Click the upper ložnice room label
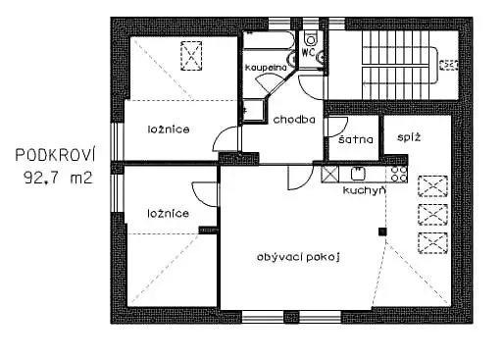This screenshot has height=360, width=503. [169, 129]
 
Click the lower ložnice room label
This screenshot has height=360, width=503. [168, 212]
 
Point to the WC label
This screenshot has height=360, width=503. [308, 50]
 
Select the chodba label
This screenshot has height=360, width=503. [294, 121]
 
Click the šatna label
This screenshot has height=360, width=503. [354, 140]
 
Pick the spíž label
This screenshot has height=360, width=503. [409, 138]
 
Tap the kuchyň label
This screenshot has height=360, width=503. [364, 190]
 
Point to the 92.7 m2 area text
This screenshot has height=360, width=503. [55, 179]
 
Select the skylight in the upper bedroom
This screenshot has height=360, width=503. [189, 56]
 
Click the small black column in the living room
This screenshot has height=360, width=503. [382, 231]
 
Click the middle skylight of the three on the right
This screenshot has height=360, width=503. [431, 213]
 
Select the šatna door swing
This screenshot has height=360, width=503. [337, 126]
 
